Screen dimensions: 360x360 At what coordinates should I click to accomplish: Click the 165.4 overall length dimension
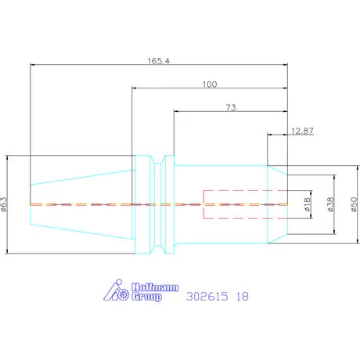(159, 61)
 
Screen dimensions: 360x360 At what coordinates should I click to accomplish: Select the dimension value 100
(210, 85)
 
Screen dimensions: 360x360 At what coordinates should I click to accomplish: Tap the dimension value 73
(231, 107)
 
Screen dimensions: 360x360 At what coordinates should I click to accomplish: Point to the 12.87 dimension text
(302, 131)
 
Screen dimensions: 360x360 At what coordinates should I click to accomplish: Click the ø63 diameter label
(5, 204)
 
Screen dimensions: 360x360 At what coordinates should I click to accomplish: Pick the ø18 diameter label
(308, 204)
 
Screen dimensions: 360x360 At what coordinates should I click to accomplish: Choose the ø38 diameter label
(330, 204)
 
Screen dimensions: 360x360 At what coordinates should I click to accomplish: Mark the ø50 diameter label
(354, 204)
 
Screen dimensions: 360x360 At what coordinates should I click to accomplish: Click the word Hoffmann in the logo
(155, 287)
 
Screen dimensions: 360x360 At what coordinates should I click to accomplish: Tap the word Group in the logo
(146, 297)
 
